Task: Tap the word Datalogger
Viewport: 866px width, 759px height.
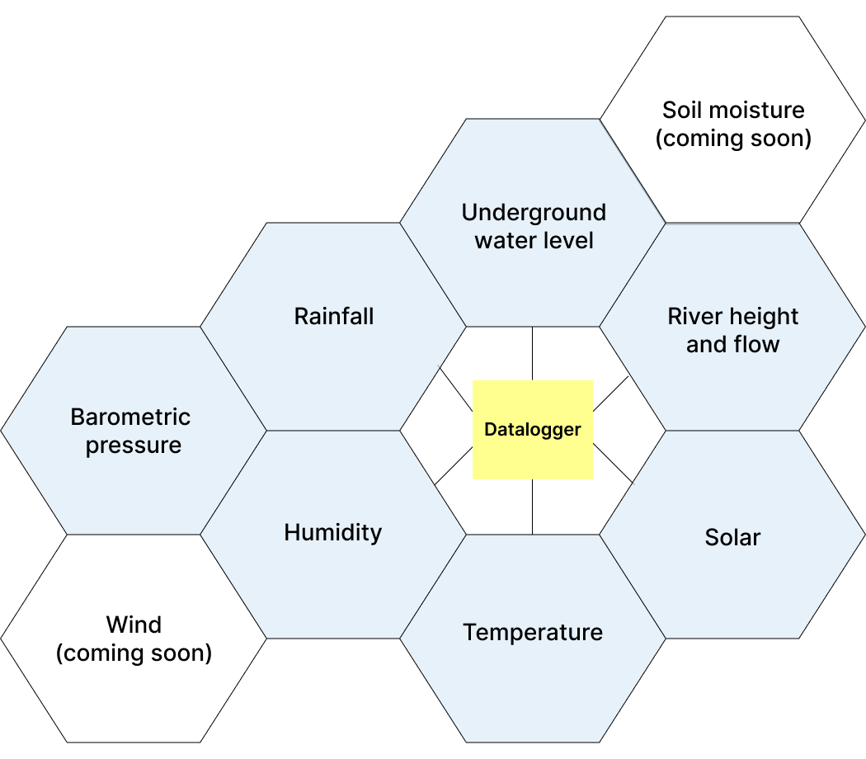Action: (532, 430)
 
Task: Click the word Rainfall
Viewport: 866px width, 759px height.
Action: (333, 316)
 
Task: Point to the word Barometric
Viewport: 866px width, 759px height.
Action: (130, 417)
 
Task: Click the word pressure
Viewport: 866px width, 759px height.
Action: (134, 445)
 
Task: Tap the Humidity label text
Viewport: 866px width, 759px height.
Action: (333, 533)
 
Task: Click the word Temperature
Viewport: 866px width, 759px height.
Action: (533, 633)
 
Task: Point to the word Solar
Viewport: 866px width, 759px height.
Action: (732, 538)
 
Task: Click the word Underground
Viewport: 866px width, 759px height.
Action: (534, 213)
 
